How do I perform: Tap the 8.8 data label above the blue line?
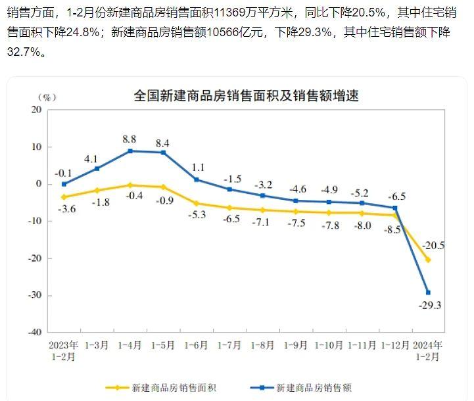coord(130,139)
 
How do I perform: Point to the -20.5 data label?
coord(434,245)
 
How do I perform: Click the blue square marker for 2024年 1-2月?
coord(429,293)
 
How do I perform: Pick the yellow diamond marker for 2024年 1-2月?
coord(429,260)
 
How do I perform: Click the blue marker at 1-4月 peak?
coord(130,151)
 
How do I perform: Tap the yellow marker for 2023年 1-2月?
coord(64,197)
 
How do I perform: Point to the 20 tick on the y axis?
coord(36,110)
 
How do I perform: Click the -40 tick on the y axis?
coord(34,332)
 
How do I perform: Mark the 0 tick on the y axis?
coord(39,184)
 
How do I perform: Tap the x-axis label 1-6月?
coord(197,344)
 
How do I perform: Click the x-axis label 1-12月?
coord(396,344)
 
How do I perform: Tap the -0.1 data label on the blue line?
coord(63,173)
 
